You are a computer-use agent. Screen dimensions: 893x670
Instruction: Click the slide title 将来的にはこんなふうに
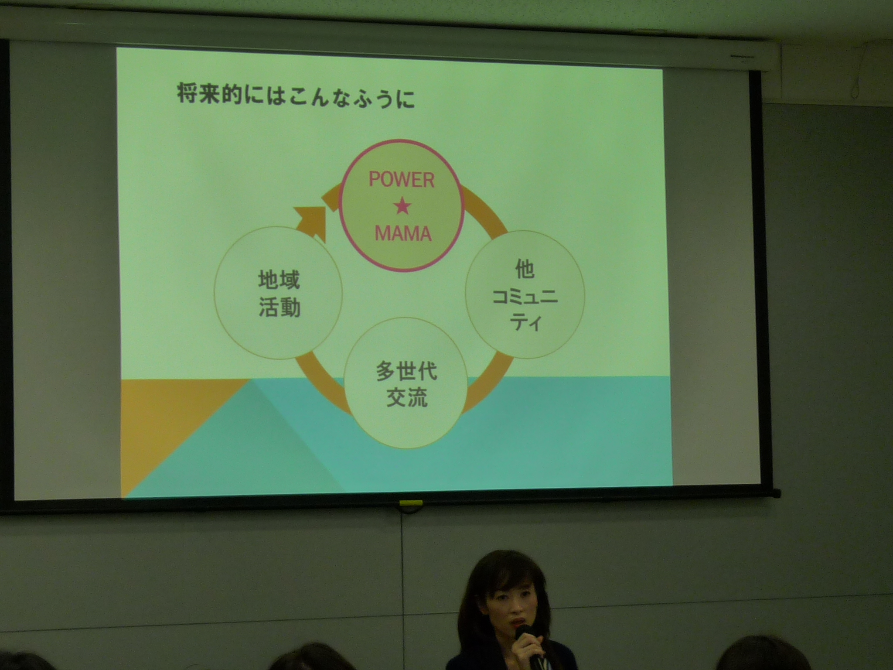click(295, 96)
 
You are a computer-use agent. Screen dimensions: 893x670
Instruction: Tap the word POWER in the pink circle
click(402, 180)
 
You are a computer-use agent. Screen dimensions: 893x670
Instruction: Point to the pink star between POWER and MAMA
click(402, 207)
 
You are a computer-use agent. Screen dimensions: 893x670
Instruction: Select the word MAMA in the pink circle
click(403, 233)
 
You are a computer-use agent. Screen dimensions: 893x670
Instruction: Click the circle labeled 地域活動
click(278, 293)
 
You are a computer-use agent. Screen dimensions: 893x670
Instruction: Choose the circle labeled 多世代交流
click(406, 383)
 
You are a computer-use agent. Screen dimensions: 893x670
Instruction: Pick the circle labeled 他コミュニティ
click(525, 294)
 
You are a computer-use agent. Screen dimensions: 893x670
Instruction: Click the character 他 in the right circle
click(525, 269)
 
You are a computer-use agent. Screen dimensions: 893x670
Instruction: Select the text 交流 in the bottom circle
click(406, 397)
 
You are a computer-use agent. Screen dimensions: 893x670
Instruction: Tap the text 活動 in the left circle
click(279, 307)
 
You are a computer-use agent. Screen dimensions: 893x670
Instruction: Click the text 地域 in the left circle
click(279, 280)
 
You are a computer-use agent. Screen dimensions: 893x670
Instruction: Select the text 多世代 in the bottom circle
click(406, 371)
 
